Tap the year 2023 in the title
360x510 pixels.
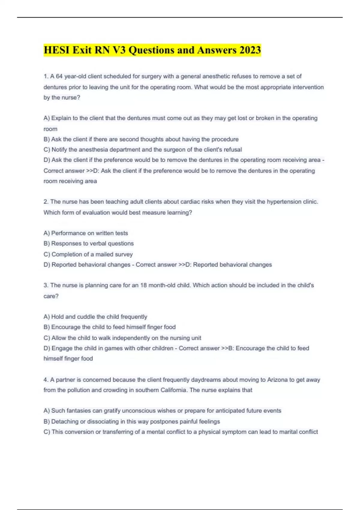click(x=250, y=50)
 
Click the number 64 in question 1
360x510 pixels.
click(x=59, y=76)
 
